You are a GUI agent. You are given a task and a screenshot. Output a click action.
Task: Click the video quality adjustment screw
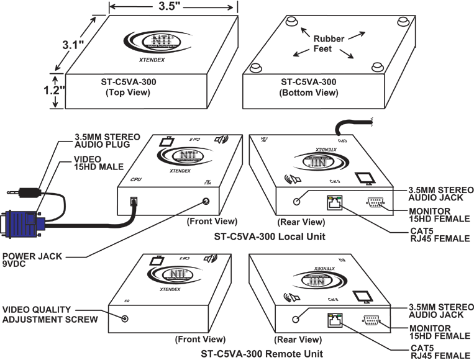tap(126, 318)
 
